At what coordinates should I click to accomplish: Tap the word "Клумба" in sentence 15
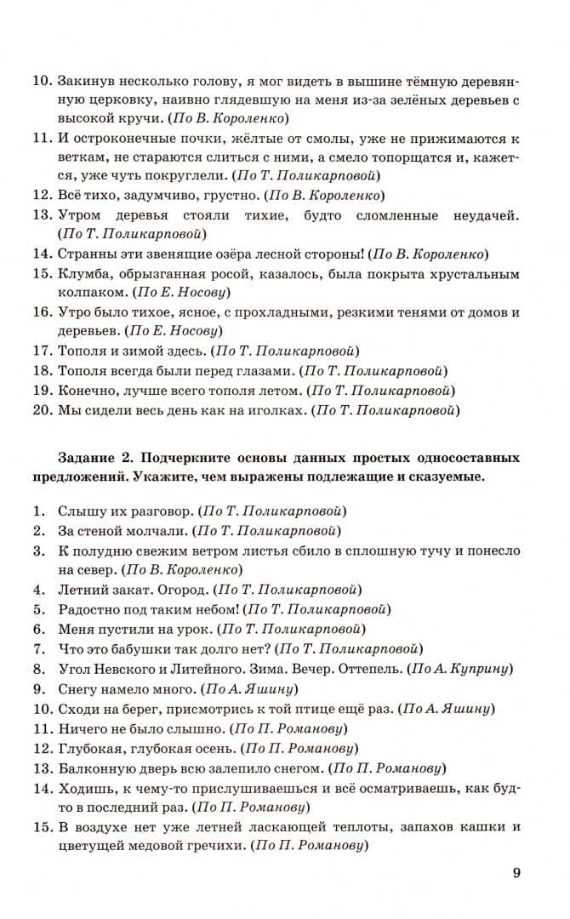[x=82, y=275]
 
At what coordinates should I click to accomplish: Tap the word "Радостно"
[x=89, y=609]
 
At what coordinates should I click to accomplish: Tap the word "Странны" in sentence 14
[x=85, y=254]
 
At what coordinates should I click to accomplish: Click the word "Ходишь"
[x=83, y=788]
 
